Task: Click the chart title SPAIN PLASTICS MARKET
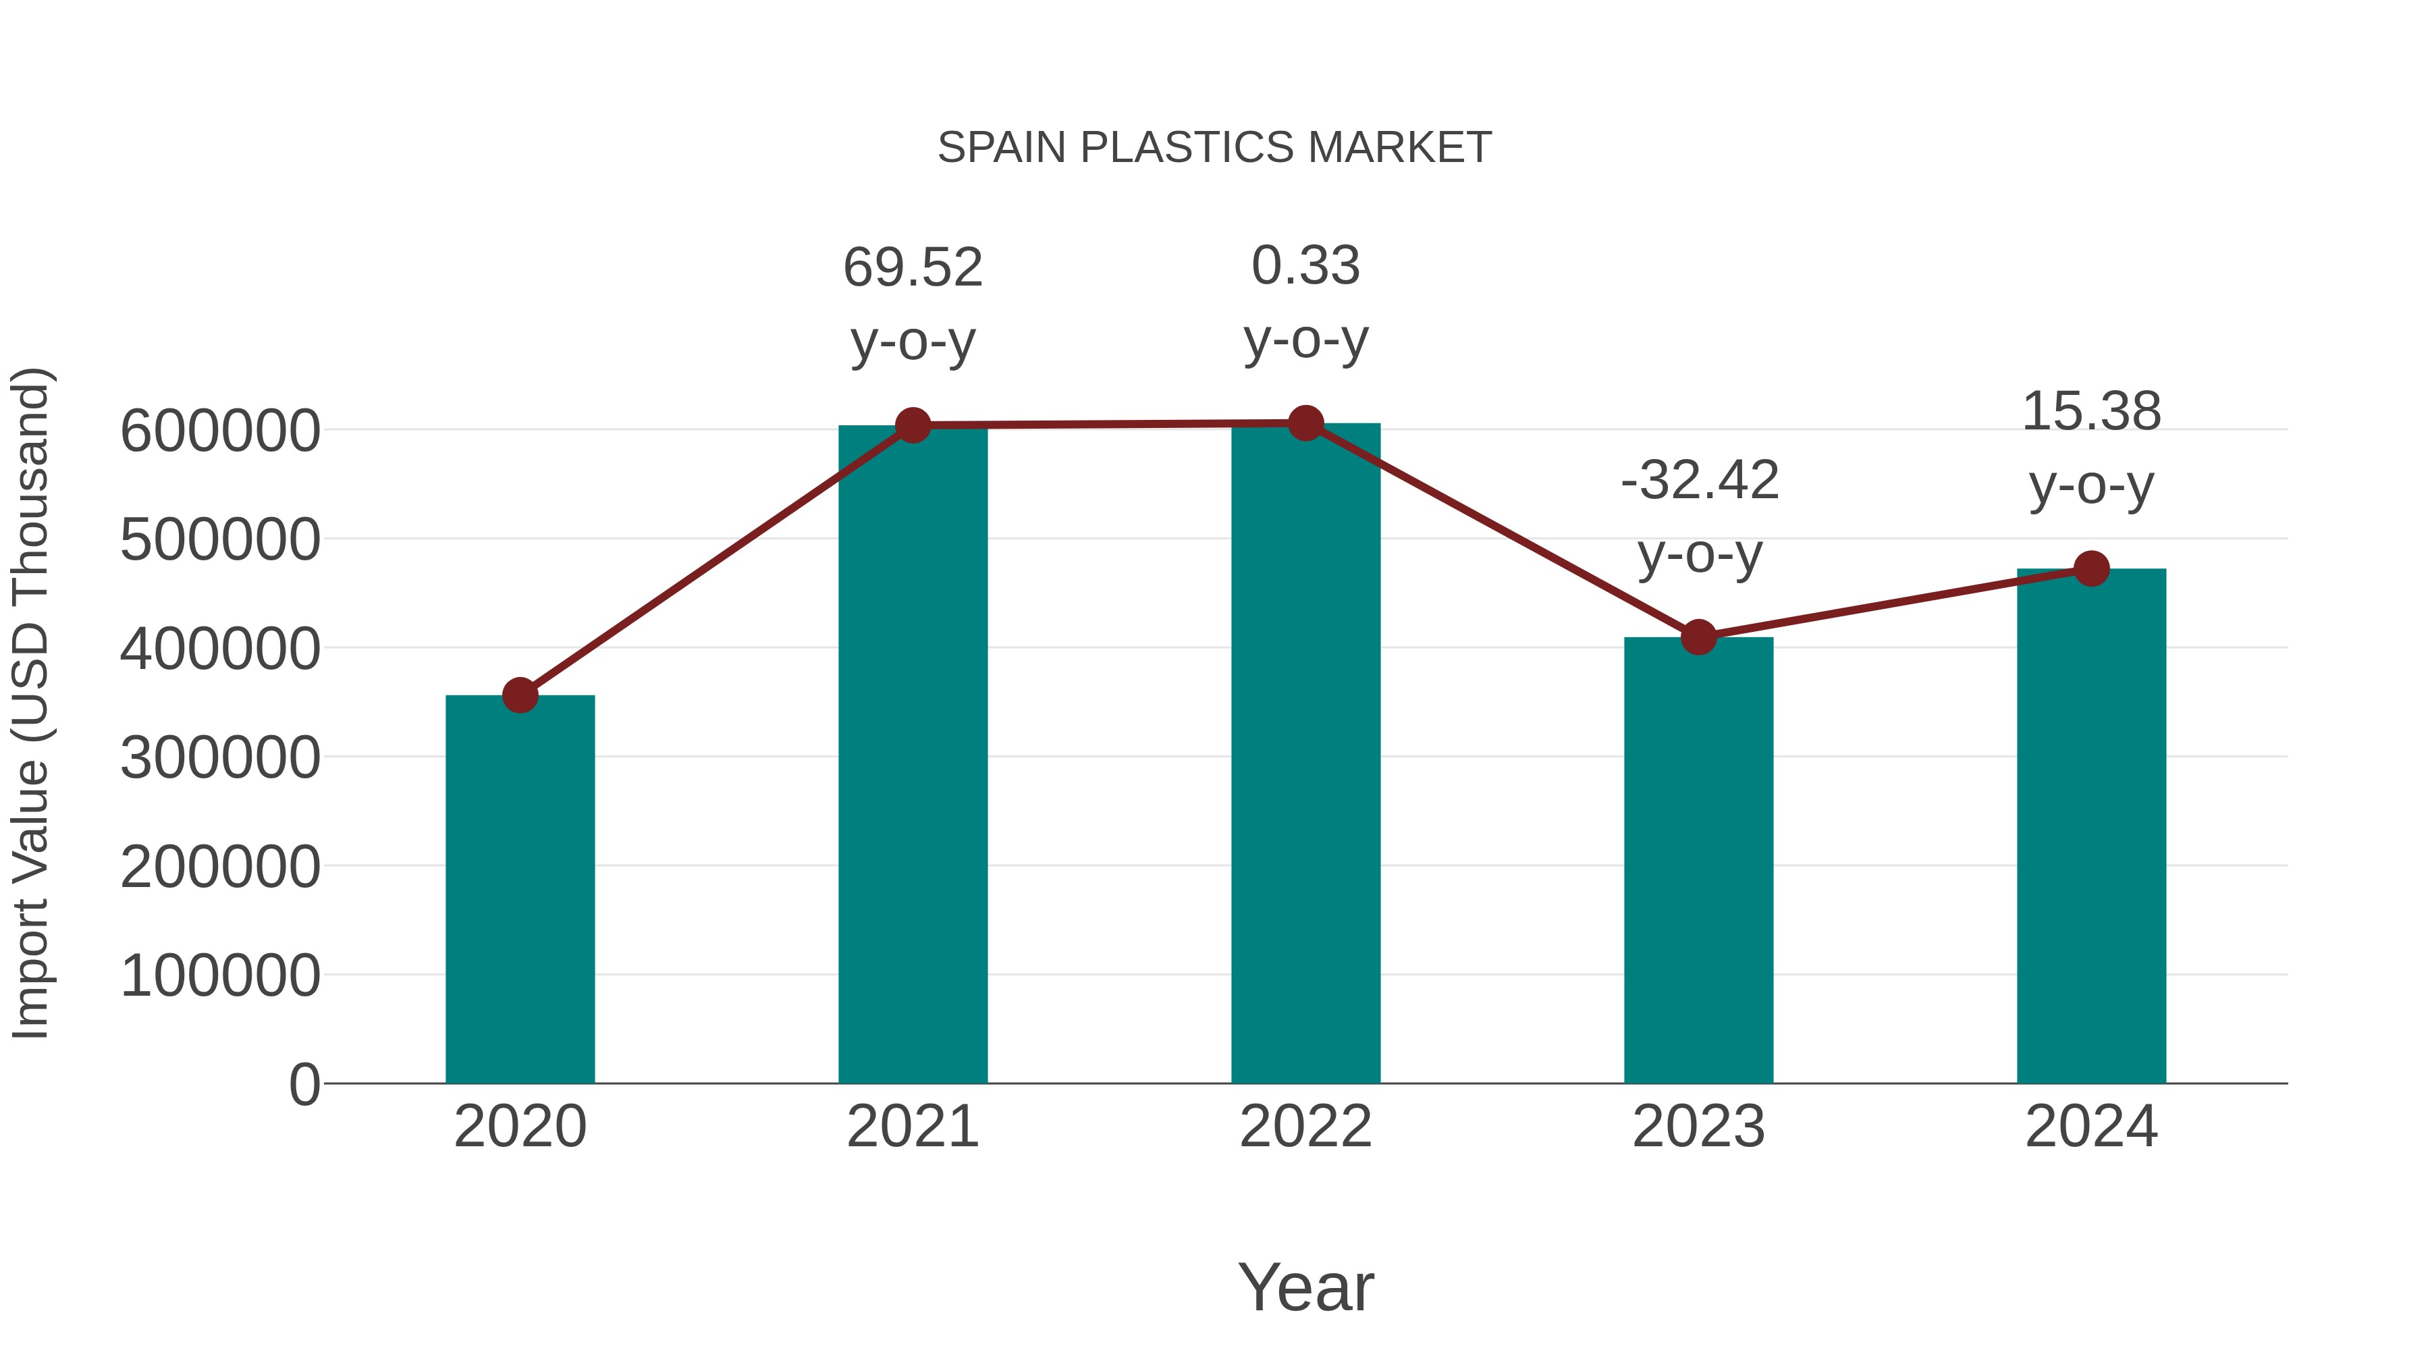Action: point(1214,148)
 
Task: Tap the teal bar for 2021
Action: point(912,755)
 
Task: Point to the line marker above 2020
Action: point(520,696)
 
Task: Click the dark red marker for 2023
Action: point(1698,638)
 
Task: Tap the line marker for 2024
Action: point(2091,569)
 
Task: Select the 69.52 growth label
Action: point(912,268)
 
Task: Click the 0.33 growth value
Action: point(1305,266)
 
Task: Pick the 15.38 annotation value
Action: point(2091,412)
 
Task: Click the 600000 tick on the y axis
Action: point(220,431)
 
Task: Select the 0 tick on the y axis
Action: point(304,1085)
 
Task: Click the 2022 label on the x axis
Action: point(1305,1127)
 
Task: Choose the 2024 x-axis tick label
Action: point(2091,1127)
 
